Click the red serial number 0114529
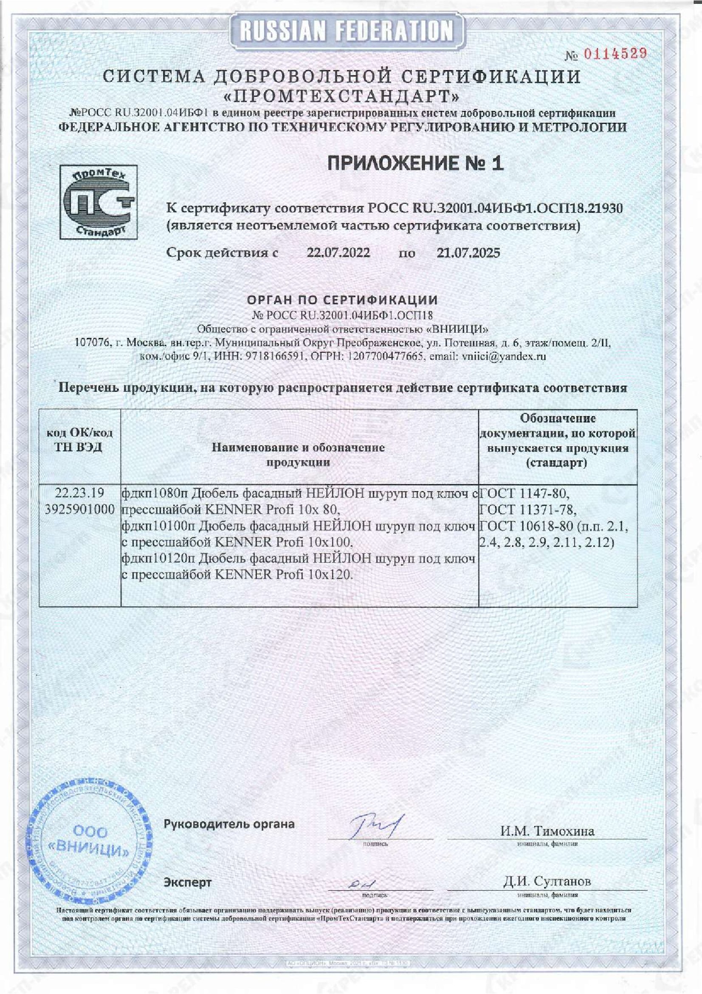point(615,54)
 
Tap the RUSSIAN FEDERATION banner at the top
point(346,31)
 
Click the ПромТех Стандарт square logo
point(99,202)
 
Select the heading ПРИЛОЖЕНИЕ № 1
point(415,164)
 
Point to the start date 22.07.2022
point(338,253)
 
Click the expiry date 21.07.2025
point(468,253)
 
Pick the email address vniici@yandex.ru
point(504,356)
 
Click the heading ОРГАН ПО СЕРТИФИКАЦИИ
point(342,300)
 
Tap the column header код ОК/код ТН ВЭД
point(80,440)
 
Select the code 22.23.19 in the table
point(80,493)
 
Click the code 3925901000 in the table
point(80,509)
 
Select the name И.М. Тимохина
point(547,831)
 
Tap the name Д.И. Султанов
point(547,881)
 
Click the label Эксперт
point(188,882)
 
